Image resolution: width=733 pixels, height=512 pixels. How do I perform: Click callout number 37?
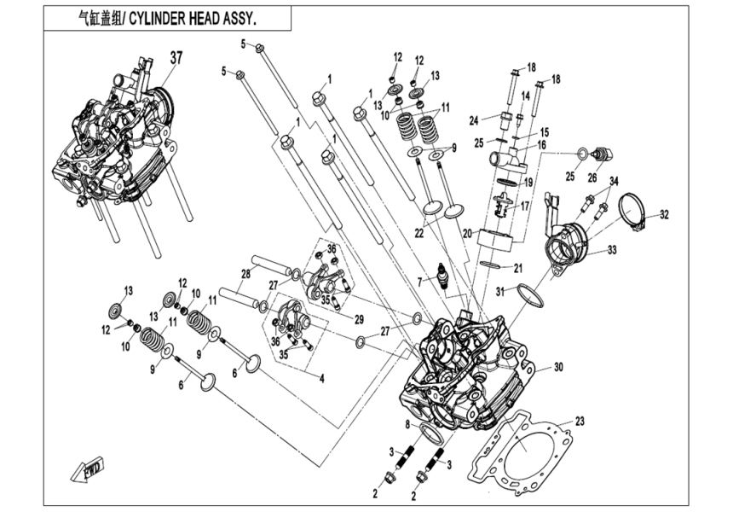click(176, 58)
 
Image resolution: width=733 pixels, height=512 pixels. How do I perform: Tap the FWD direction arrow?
click(87, 468)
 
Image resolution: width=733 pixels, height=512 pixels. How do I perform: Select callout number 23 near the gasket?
click(580, 421)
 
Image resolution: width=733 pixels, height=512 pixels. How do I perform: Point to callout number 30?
click(558, 368)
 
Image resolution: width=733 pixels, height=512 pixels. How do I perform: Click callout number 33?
click(612, 250)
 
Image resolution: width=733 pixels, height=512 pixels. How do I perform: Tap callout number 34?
click(614, 180)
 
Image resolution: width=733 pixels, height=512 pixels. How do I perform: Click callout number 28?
click(245, 273)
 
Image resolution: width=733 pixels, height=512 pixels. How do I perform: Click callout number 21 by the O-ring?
click(519, 268)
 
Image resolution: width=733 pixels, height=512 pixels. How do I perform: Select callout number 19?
click(528, 182)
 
